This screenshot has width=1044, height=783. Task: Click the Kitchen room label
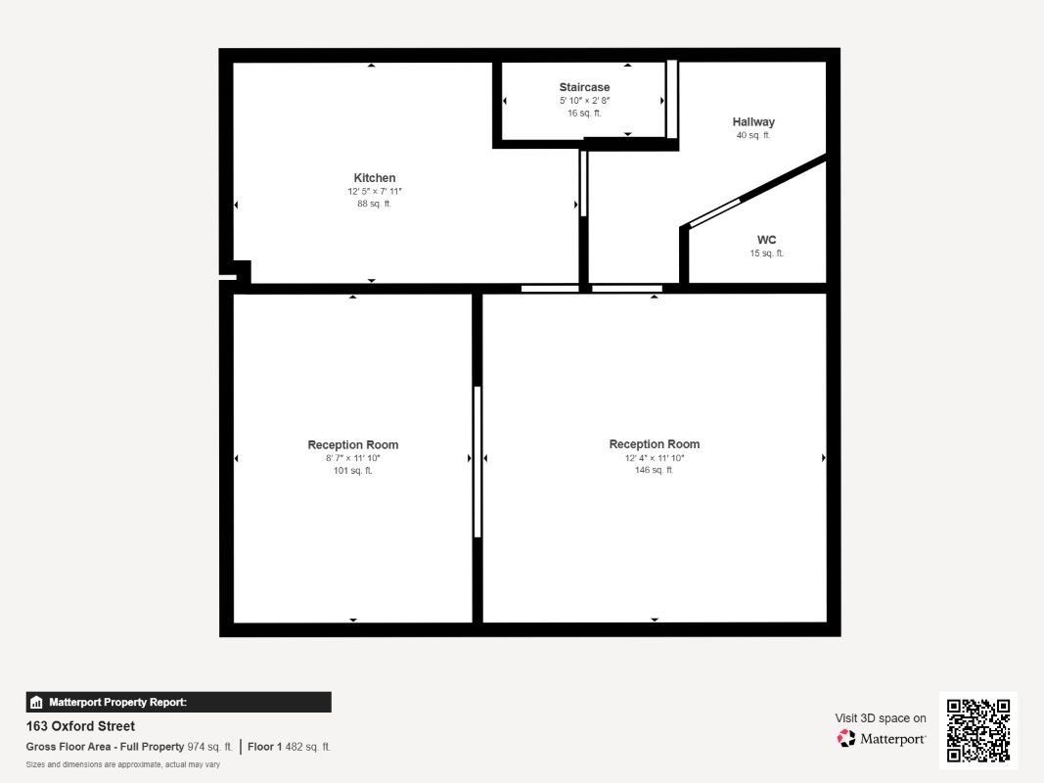coord(374,178)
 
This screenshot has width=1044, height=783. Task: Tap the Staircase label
coord(584,87)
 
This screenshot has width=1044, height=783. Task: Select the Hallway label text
coord(753,121)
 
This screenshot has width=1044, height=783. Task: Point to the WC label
coord(766,240)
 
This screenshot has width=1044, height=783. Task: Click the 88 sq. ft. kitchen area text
coord(374,204)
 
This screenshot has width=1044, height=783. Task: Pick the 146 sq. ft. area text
coord(654,470)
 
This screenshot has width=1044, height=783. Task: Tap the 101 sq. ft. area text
coord(353,471)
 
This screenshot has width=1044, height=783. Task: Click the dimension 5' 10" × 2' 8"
coord(584,101)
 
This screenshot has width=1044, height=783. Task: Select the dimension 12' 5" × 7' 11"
coord(374,191)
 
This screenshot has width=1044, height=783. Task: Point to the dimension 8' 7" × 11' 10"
coord(353,458)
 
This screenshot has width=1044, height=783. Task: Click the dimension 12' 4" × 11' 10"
coord(654,458)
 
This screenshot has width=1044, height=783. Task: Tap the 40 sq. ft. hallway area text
coord(753,135)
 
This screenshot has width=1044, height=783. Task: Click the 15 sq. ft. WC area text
coord(767,253)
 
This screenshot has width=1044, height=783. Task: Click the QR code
coord(978,730)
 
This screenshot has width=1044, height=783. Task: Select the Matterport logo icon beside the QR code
coord(846,738)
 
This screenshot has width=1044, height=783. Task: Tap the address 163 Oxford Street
coord(80,726)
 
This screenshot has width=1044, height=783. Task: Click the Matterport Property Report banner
coord(178,703)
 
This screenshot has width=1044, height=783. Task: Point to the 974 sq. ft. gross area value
coord(209,747)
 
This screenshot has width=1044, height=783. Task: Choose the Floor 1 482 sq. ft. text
coord(289,747)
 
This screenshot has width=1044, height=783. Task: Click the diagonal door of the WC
coord(714,213)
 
